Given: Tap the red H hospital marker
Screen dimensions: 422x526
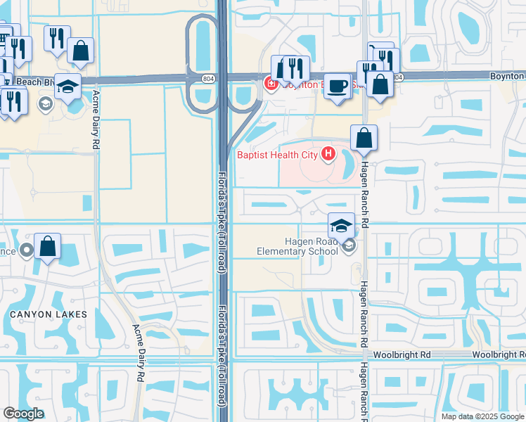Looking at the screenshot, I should coord(327,153).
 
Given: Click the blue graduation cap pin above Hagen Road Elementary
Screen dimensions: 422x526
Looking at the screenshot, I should coord(341,225).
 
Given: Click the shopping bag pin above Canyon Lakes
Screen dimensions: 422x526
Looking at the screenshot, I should coord(47,248).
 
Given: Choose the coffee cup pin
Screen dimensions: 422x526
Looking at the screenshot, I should coord(338,86).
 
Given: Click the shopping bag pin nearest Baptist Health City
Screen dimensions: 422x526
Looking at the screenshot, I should coord(364,138).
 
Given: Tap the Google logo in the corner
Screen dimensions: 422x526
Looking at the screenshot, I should coord(23,414).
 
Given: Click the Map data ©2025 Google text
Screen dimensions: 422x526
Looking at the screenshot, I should coord(482,416).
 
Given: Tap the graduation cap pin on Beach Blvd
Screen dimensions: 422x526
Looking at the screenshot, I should coord(67,87).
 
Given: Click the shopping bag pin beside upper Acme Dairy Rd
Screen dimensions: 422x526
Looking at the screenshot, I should coord(81,51).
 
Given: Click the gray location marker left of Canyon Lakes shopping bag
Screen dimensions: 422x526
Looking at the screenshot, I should coord(27,250).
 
